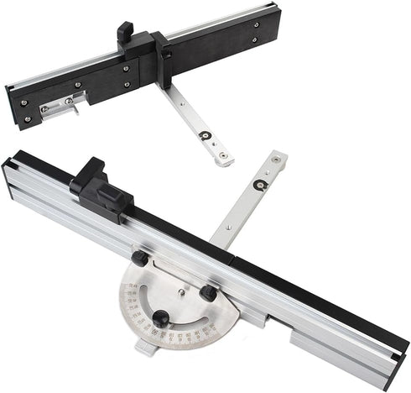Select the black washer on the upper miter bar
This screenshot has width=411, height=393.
(203, 134)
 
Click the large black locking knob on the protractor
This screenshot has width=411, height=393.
(159, 318)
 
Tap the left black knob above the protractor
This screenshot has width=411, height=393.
(138, 259)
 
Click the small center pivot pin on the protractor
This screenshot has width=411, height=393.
(181, 293)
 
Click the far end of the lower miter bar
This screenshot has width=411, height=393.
(278, 157)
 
